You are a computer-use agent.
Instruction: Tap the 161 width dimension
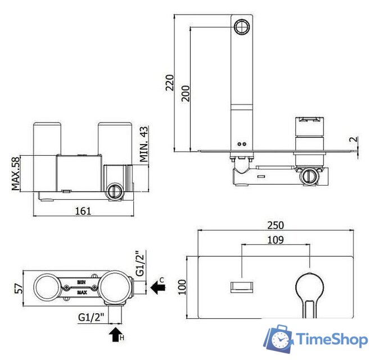(83, 210)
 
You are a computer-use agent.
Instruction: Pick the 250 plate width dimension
(275, 224)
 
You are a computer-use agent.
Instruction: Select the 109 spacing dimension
(275, 239)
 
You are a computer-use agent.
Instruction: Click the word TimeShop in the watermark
(332, 339)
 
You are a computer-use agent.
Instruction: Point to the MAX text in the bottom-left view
(82, 292)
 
